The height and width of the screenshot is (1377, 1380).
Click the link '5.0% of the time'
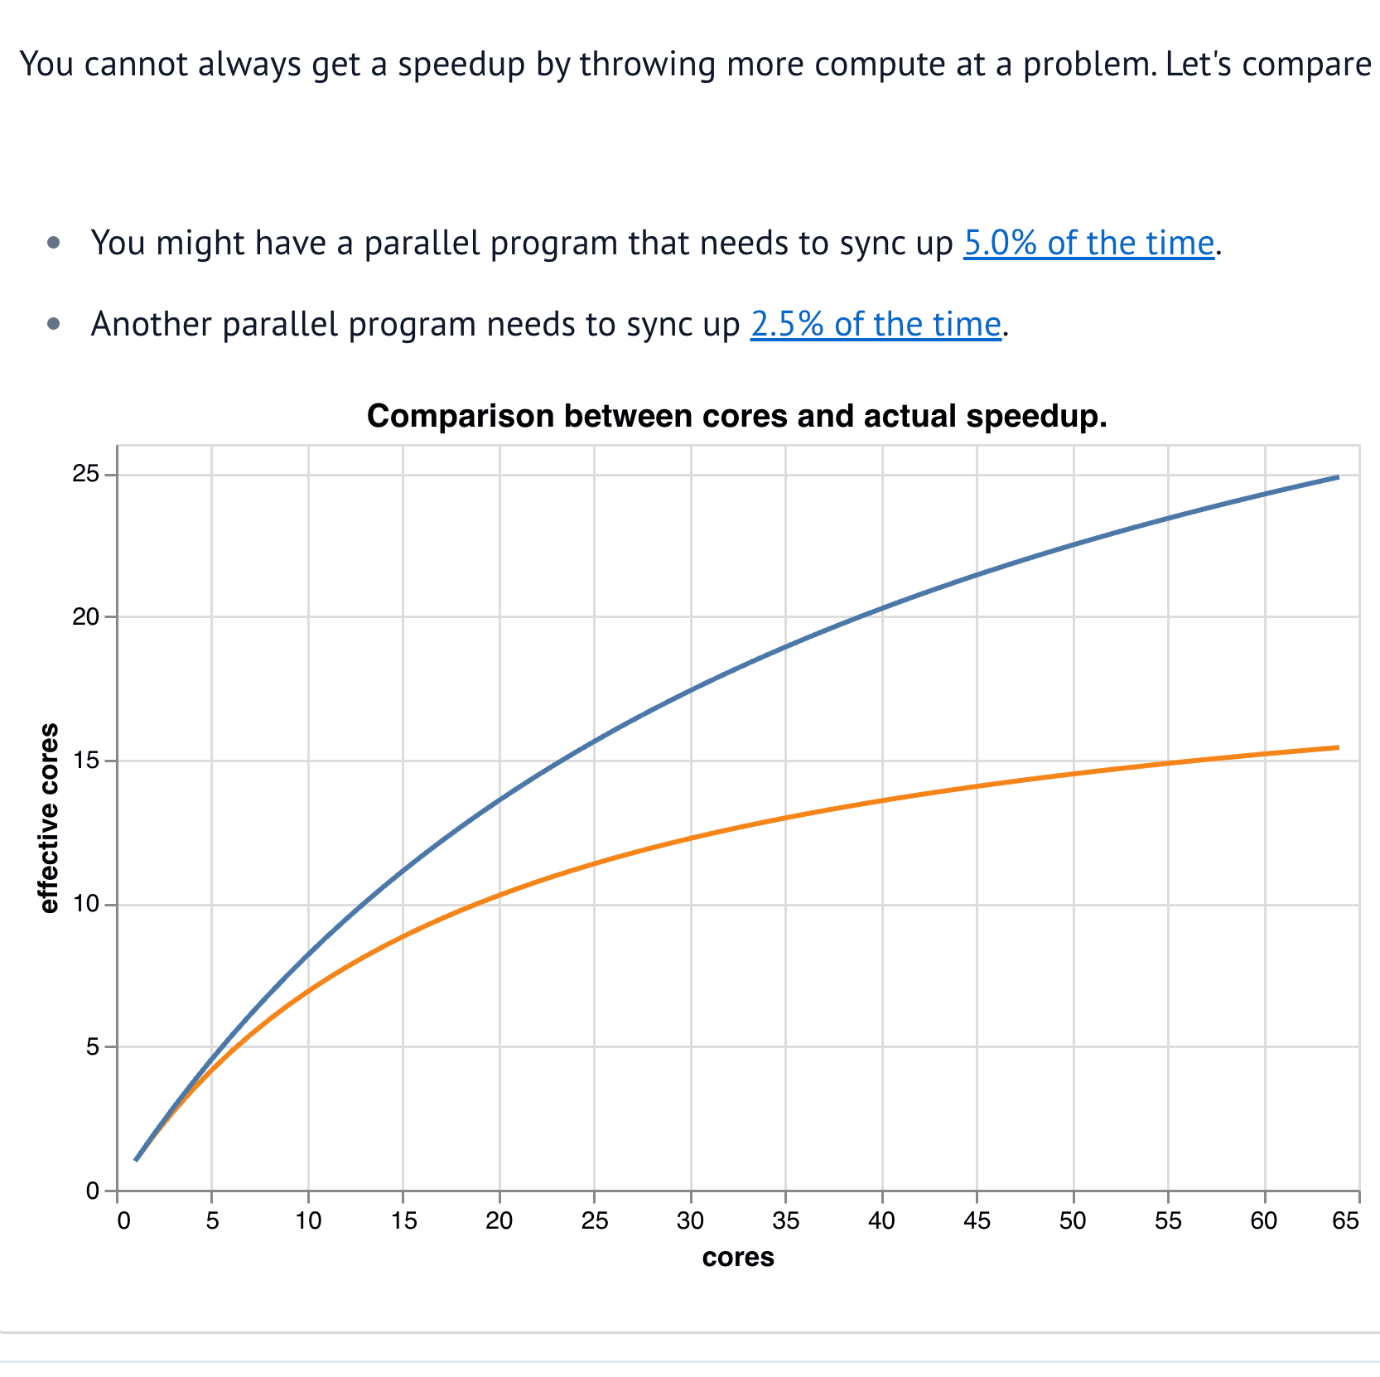1088,243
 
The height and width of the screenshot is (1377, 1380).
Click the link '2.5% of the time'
876,324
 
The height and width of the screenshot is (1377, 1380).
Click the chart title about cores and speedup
737,416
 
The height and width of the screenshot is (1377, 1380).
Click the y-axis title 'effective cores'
49,819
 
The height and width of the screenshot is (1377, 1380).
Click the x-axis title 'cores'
738,1257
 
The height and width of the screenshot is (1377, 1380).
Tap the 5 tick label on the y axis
92,1047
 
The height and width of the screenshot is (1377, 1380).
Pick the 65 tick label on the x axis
1346,1220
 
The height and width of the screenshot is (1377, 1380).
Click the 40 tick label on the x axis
881,1220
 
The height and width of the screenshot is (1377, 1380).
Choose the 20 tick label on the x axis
499,1220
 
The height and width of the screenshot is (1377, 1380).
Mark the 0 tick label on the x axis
123,1220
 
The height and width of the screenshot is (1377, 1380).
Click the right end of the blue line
1339,476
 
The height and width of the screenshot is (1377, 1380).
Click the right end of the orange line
1339,747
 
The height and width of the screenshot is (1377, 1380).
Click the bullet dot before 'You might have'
55,243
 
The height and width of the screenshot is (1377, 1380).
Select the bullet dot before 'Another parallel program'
55,324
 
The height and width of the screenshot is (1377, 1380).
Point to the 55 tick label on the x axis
1168,1220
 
